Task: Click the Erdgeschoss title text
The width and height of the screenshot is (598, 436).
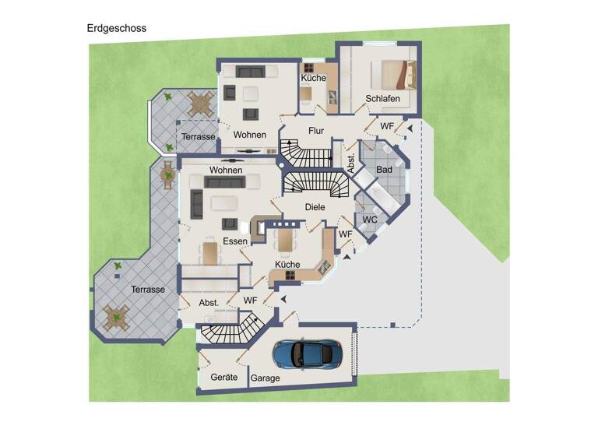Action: (x=116, y=28)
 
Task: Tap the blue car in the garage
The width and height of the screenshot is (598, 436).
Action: (x=307, y=353)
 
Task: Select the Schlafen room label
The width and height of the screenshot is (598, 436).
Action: (x=382, y=99)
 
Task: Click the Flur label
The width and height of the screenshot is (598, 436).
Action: (x=315, y=131)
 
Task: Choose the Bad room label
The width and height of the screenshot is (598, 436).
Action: (x=384, y=169)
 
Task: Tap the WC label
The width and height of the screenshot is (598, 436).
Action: (x=370, y=220)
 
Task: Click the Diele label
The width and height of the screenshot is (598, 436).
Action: (x=315, y=207)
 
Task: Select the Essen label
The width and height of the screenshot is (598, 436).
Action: (x=234, y=241)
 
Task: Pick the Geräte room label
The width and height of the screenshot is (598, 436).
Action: (x=224, y=377)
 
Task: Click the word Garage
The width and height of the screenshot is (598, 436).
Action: (x=266, y=378)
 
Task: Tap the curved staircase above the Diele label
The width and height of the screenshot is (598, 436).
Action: (x=315, y=185)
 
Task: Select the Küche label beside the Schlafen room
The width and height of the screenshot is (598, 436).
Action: (x=313, y=78)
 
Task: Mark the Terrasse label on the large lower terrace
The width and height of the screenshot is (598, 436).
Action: (x=148, y=290)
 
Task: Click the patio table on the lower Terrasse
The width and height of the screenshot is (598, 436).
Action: (x=117, y=317)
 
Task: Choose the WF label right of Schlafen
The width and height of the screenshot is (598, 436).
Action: (x=387, y=125)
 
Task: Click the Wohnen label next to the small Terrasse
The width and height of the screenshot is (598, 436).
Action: (x=249, y=135)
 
